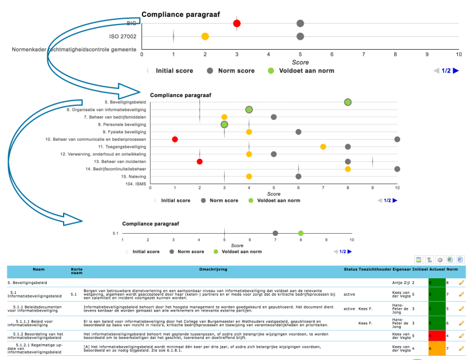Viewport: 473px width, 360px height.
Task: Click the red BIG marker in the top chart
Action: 236,23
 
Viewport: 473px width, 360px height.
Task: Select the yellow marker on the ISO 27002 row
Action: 205,36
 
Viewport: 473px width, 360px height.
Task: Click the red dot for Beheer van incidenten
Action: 200,161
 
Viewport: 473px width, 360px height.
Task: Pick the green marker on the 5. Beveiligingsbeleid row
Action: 347,102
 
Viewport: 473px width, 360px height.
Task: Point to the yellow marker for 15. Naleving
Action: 249,176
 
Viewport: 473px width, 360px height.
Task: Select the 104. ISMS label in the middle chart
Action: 134,184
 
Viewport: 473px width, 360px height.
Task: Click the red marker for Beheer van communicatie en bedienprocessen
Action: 175,139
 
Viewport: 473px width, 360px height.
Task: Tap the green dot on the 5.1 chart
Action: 301,233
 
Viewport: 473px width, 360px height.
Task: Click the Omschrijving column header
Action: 213,269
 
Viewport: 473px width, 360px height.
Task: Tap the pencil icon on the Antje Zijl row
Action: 461,282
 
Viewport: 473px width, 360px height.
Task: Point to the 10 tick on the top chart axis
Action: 459,54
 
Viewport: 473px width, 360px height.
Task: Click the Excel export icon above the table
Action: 450,258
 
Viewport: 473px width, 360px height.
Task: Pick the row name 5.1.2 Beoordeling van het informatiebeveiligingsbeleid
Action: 36,335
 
